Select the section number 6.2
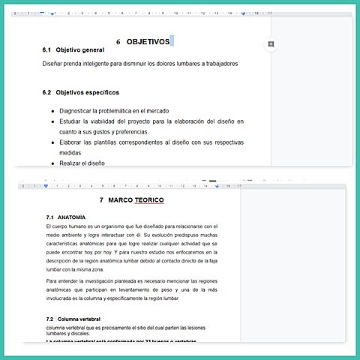click(46, 93)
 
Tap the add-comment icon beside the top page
click(271, 44)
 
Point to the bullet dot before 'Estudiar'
click(52, 121)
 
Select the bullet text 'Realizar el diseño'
click(82, 163)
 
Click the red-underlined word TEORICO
click(153, 201)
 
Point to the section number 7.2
click(49, 319)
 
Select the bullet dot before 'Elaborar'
click(52, 142)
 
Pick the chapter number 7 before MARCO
click(102, 201)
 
